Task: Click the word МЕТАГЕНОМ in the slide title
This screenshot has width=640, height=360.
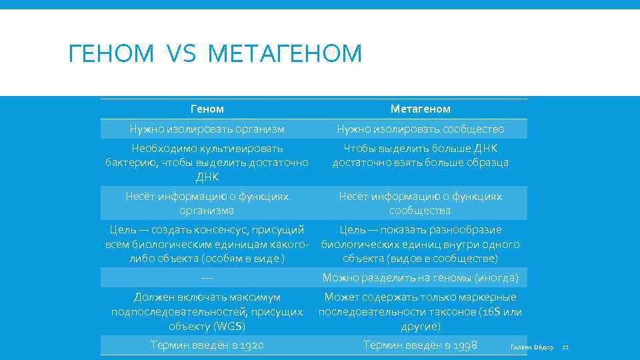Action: pyautogui.click(x=285, y=53)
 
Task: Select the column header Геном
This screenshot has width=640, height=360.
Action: pyautogui.click(x=207, y=109)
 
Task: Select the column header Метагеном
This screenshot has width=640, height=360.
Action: pyautogui.click(x=420, y=109)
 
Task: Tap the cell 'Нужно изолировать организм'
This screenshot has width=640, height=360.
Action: pyautogui.click(x=207, y=129)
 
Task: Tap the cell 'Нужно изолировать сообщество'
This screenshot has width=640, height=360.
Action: pyautogui.click(x=420, y=129)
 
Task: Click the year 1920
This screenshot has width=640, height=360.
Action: pyautogui.click(x=250, y=345)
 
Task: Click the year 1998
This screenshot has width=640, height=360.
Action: pyautogui.click(x=464, y=345)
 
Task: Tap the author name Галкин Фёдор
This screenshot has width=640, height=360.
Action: pyautogui.click(x=531, y=347)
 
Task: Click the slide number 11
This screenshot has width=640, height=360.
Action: pyautogui.click(x=565, y=347)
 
